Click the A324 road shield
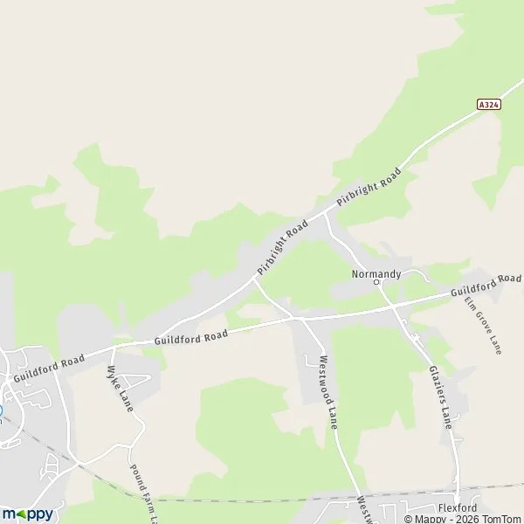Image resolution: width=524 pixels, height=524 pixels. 490,103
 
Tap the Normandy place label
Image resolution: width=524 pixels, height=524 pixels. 376,273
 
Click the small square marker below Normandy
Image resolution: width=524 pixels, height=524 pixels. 377,283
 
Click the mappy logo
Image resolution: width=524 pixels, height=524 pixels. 27,514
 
